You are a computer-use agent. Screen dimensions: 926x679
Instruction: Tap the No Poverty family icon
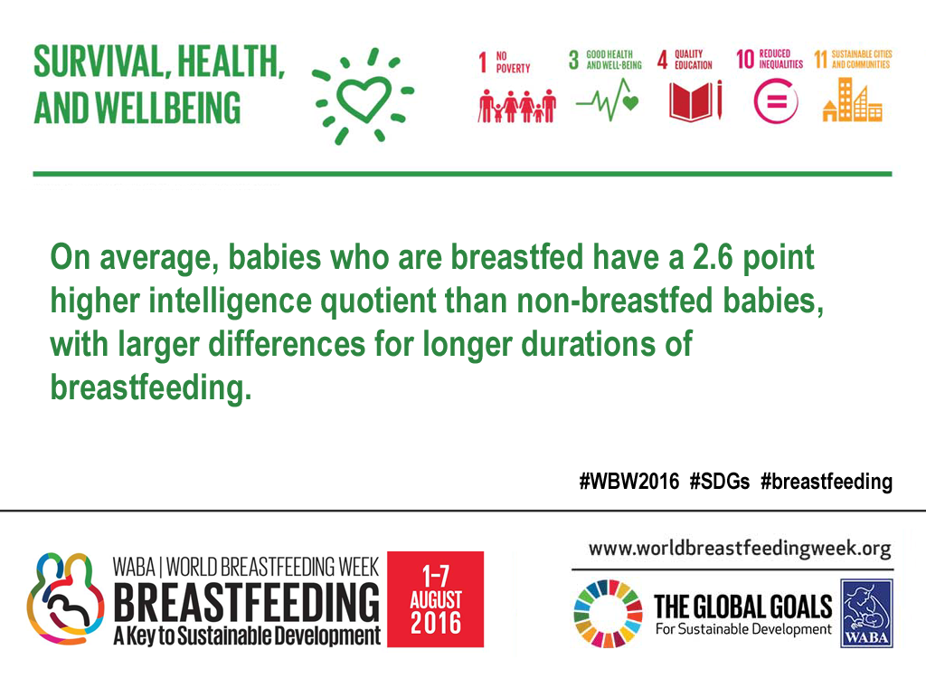coord(516,106)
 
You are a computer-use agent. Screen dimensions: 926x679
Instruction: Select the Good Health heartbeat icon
coord(607,100)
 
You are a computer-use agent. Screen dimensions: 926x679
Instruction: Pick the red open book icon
coord(695,101)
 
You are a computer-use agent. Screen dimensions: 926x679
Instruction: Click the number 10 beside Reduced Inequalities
coord(745,59)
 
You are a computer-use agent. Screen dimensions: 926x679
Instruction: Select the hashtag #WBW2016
coord(629,482)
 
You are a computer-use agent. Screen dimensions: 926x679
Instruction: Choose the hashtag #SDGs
coord(719,482)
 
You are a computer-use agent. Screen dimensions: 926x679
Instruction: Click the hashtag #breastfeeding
coord(827,482)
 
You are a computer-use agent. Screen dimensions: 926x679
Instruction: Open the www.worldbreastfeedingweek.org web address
coord(740,549)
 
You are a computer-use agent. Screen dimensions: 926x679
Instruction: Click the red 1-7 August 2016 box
coord(435,599)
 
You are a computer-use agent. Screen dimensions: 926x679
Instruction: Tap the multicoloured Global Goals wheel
coord(608,614)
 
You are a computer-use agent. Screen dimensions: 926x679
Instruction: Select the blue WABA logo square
coord(866,613)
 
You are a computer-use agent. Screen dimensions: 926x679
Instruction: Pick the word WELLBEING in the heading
coord(167,108)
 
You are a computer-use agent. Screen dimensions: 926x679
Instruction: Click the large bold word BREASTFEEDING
coord(246,601)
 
